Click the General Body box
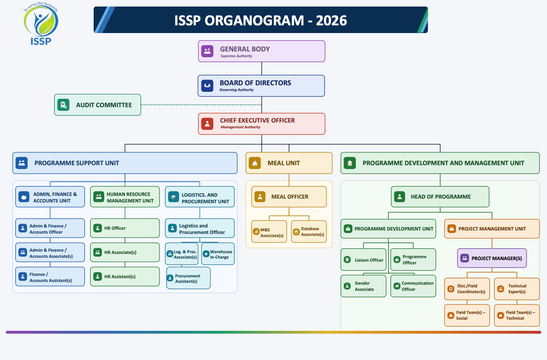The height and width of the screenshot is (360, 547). [261, 51]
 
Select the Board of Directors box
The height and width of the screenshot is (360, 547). [261, 86]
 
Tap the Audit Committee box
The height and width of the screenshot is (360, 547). [98, 105]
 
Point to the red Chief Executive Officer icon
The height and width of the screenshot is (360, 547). [207, 124]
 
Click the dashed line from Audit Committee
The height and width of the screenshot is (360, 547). [201, 105]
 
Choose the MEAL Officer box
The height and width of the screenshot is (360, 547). [289, 197]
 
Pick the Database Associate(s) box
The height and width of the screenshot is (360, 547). [309, 231]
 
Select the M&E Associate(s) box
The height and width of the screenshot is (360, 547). [269, 231]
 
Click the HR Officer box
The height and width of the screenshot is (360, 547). [125, 228]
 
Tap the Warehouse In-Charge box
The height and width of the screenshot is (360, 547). [218, 254]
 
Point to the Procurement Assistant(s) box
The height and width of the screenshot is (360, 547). [188, 278]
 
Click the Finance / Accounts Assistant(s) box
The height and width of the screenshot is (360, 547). [50, 276]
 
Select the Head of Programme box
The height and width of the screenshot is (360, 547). [440, 197]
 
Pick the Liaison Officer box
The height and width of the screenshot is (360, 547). [364, 260]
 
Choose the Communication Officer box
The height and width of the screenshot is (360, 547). [413, 286]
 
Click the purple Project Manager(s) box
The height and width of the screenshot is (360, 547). [492, 258]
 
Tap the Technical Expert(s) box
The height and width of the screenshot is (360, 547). [517, 289]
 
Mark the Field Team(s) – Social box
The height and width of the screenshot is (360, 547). [467, 315]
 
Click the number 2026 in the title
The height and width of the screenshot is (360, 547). [331, 20]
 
